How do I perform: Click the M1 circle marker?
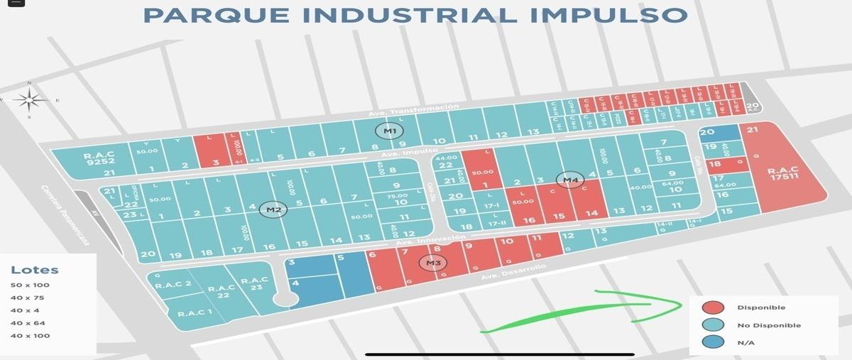tap(389, 131)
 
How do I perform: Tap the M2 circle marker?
tap(274, 209)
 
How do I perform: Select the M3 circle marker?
tap(432, 263)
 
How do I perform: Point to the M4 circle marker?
tap(571, 180)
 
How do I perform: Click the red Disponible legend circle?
tap(713, 307)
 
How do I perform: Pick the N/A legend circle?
tap(713, 342)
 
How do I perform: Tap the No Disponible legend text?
tap(769, 325)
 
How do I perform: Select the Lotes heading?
tap(35, 270)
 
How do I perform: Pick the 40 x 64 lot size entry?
tap(30, 322)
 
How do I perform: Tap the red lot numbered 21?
tap(753, 129)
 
